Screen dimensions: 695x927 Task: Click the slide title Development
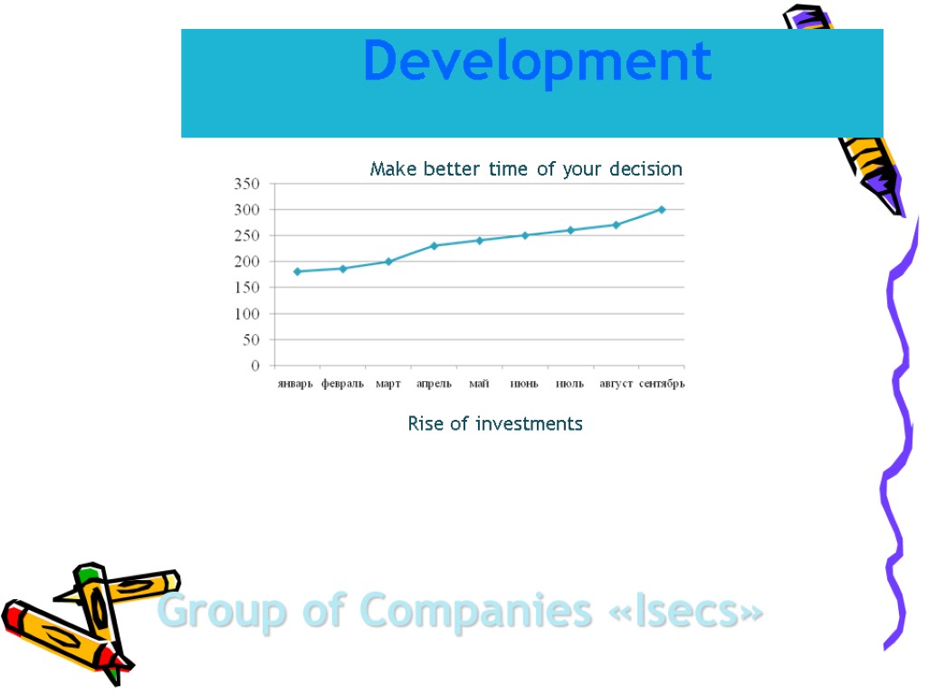point(537,62)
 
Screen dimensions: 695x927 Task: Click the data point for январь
point(297,271)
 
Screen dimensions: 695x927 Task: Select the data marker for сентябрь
point(662,209)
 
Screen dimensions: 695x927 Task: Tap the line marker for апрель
point(434,245)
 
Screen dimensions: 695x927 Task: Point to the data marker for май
point(480,240)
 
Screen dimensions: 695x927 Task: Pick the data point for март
point(388,262)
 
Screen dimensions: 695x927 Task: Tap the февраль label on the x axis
point(342,384)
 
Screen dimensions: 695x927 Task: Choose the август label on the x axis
point(616,384)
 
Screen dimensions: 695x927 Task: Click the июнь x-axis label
point(524,384)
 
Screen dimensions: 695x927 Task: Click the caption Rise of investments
point(495,424)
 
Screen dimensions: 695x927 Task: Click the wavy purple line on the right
point(896,434)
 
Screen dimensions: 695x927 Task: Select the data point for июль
point(570,230)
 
